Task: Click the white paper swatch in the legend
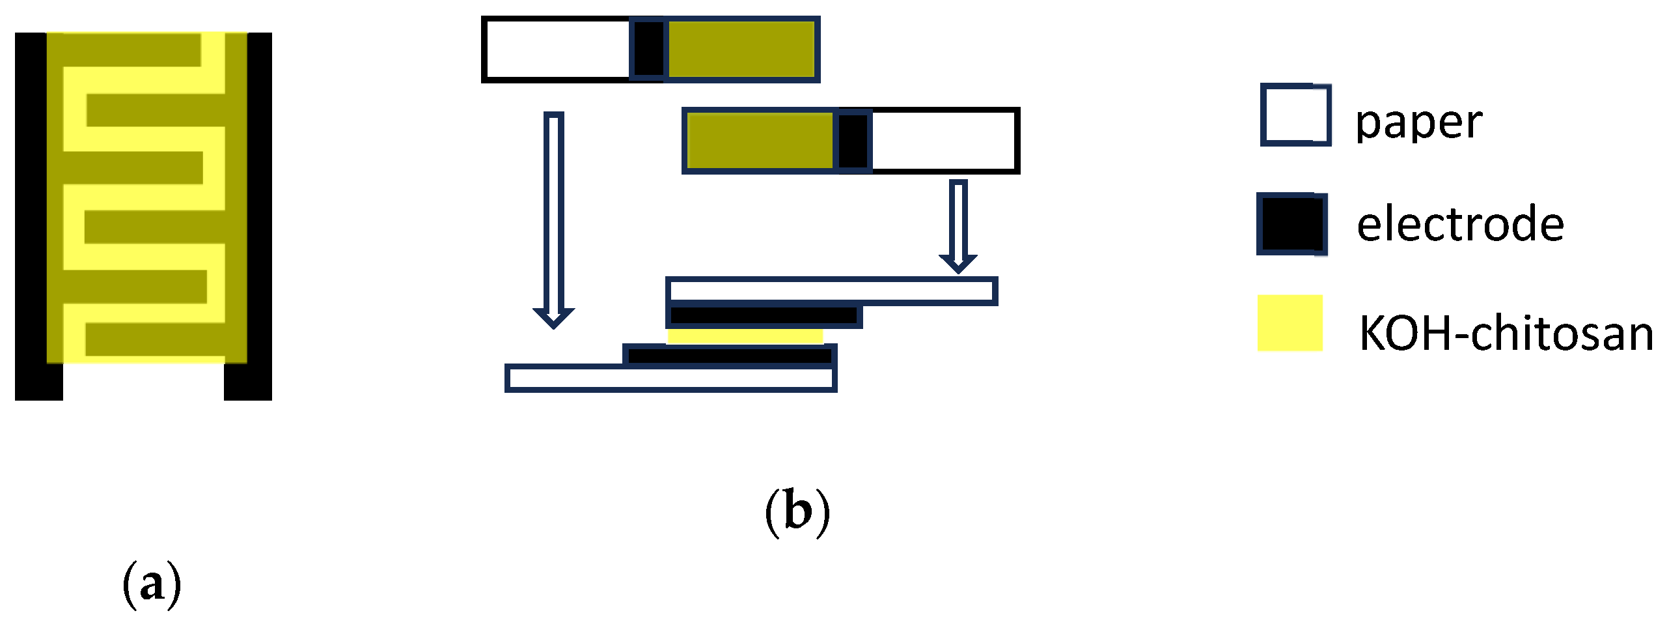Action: coord(1295,115)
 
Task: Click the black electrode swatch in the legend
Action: coord(1291,223)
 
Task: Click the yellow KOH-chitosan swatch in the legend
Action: coord(1290,323)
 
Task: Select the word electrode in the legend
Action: coord(1460,223)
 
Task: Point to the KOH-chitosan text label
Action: coord(1506,333)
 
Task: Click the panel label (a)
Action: coord(152,584)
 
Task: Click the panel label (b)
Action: coord(797,512)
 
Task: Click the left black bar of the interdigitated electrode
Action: coord(31,215)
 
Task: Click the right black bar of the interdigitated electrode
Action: coord(259,215)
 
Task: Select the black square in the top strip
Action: coord(649,50)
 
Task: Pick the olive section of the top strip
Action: coord(741,50)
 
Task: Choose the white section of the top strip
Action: coord(557,50)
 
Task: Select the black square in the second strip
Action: coord(853,141)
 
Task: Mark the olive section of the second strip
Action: coord(760,141)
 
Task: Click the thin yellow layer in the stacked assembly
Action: coord(745,336)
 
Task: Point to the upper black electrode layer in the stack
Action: coord(764,316)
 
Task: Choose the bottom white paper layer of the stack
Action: coord(670,378)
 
